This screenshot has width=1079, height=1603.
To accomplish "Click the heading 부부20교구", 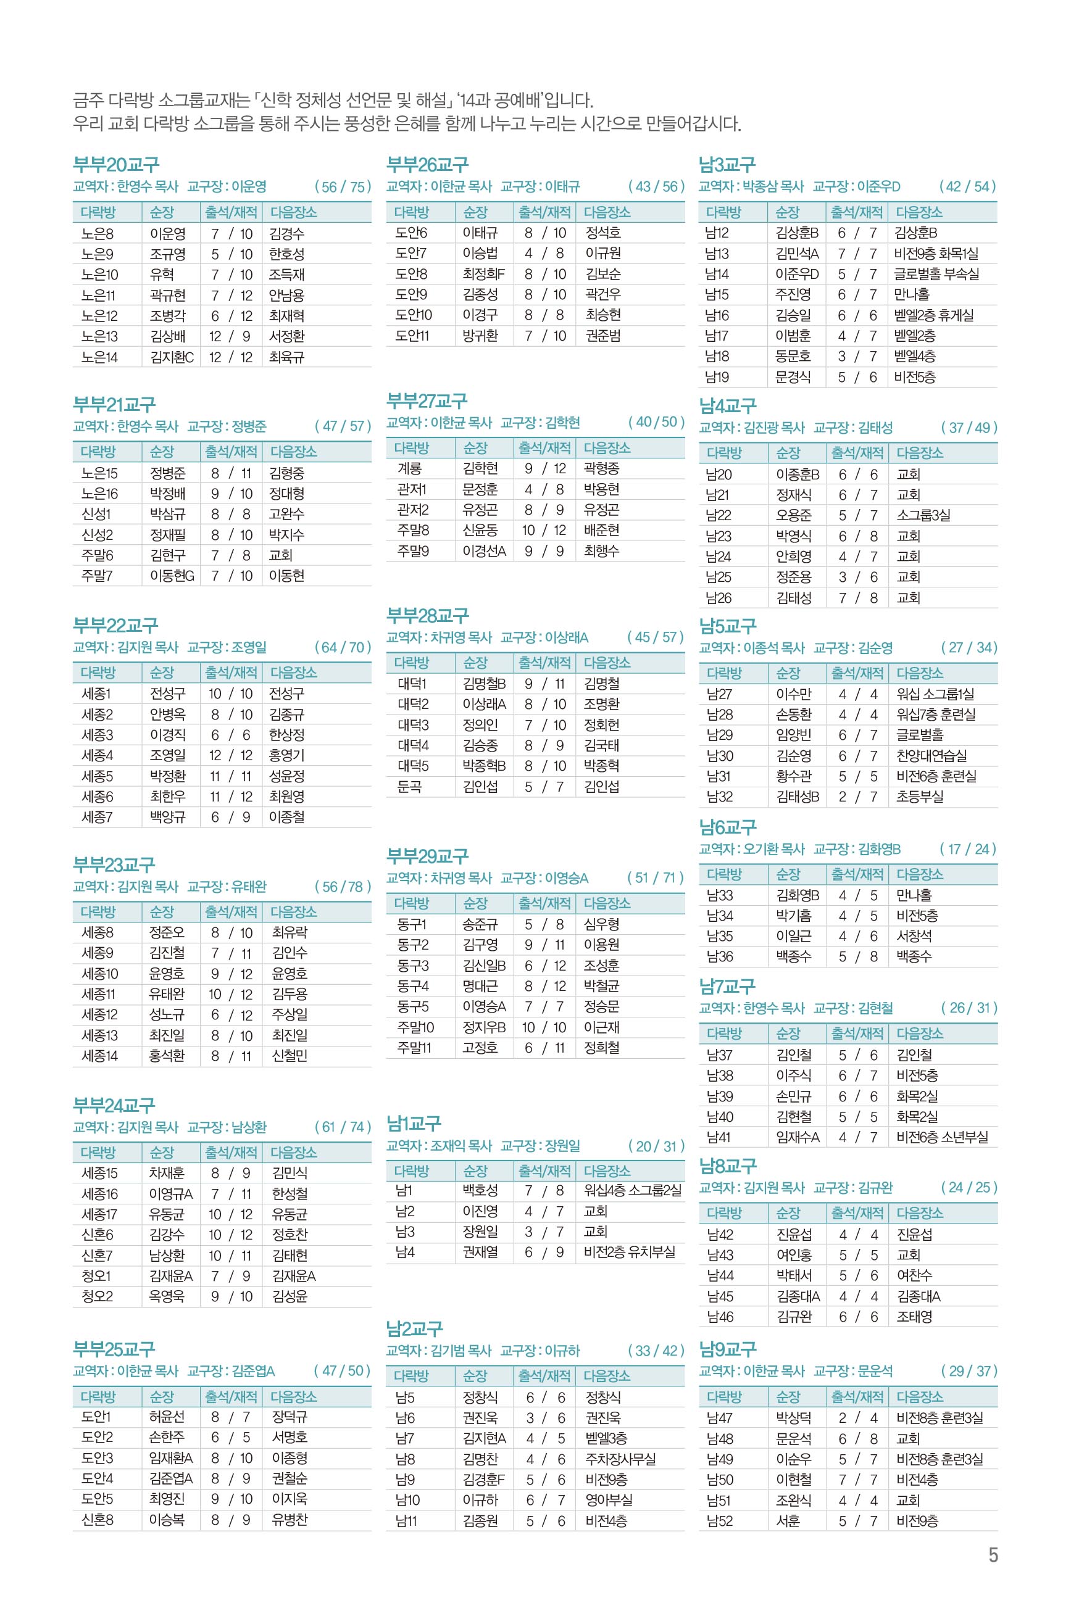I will coord(116,164).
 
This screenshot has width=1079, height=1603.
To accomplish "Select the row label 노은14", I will coord(100,357).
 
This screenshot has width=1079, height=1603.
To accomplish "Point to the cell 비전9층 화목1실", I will coord(936,253).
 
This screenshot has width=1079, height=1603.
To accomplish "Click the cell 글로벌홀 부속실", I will coord(936,274).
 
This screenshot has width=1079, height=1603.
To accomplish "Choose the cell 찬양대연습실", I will coord(931,755).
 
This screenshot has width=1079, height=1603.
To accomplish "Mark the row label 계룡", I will coord(409,468).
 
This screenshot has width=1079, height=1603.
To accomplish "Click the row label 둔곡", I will coord(409,786).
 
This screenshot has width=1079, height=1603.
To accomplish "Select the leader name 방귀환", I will coord(480,336).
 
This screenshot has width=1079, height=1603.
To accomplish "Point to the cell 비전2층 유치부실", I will coord(629,1251).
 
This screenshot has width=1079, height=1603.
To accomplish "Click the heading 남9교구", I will coord(727,1349).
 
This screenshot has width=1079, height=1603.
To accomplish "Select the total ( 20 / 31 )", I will coord(657,1146).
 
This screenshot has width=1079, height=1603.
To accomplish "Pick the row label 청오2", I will coord(97,1296).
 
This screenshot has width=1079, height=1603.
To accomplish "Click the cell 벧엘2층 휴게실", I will coord(934,315).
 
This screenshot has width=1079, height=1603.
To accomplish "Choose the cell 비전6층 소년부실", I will coord(941,1137).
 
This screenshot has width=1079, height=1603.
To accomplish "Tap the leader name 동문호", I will coord(793,356).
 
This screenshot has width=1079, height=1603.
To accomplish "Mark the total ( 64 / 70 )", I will coord(343,647).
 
